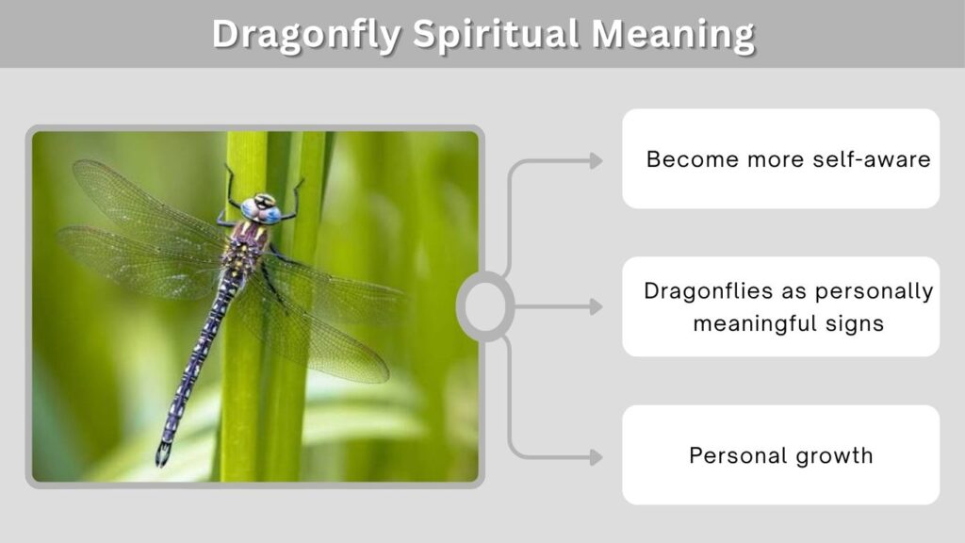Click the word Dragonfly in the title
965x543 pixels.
pos(306,35)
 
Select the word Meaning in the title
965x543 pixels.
pos(673,35)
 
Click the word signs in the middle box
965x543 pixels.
pos(854,324)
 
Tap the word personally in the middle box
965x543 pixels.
pos(874,292)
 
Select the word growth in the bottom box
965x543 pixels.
pos(834,456)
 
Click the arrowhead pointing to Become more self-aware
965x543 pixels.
pos(597,160)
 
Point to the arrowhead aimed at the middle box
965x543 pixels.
pos(597,306)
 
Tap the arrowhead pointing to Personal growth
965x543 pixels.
pos(597,457)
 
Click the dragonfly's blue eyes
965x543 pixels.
pos(262,210)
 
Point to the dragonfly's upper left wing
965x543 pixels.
pos(148,204)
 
